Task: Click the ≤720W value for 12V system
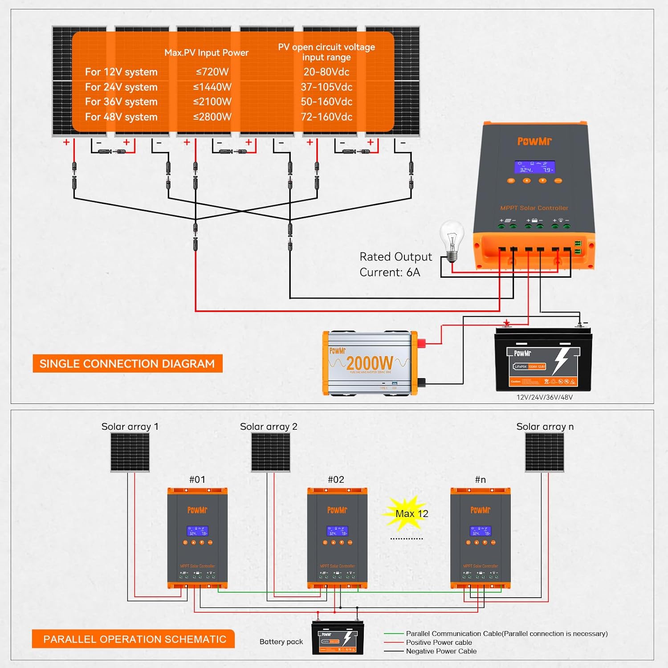(x=212, y=72)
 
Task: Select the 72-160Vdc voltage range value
(x=326, y=117)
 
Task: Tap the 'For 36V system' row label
(x=121, y=102)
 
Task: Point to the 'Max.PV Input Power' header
(x=206, y=53)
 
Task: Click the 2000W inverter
(x=370, y=363)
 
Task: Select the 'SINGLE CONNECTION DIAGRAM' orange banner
(x=127, y=364)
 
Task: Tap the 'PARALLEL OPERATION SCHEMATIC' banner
(x=134, y=639)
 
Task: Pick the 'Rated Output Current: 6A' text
(x=395, y=265)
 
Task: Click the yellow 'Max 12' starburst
(x=407, y=513)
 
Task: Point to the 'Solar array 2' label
(x=269, y=427)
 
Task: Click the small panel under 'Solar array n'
(x=544, y=452)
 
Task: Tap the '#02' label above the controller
(x=336, y=480)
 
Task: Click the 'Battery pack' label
(x=281, y=642)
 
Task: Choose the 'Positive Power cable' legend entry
(x=439, y=642)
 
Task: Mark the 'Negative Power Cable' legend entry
(x=441, y=651)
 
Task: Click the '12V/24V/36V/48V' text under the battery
(x=544, y=397)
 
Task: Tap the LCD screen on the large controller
(x=534, y=167)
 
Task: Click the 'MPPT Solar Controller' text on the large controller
(x=534, y=208)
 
